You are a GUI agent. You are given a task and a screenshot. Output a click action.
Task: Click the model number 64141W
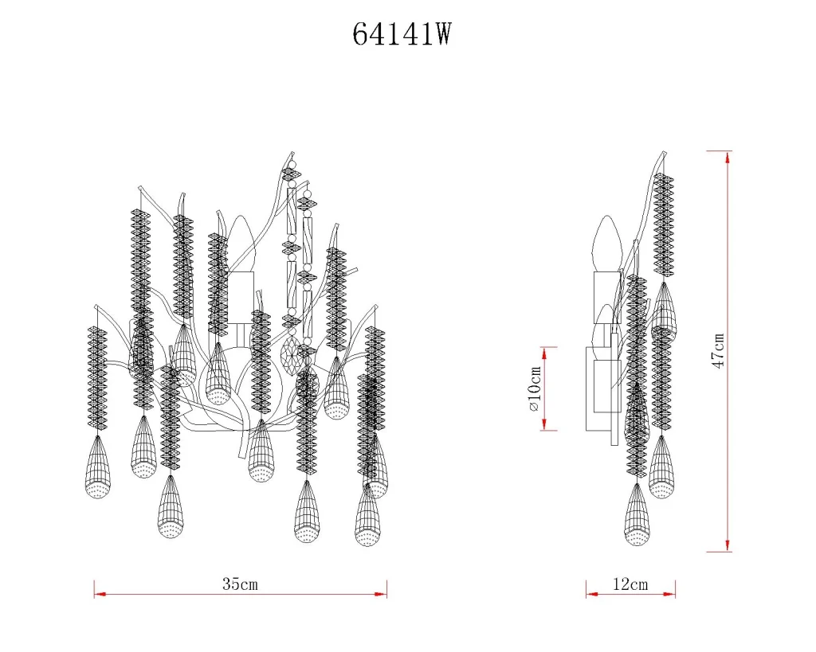pos(402,35)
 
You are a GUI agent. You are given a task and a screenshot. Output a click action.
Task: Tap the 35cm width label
pos(240,584)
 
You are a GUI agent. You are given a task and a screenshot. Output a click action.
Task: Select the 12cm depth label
pos(630,584)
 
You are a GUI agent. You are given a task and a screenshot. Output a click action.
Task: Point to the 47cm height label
pos(718,351)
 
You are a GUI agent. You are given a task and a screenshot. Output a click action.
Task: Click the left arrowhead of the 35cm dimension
pos(100,594)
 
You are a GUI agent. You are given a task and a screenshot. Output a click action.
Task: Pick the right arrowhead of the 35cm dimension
pos(381,594)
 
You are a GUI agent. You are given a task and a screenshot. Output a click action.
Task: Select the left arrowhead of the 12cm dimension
pos(592,594)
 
